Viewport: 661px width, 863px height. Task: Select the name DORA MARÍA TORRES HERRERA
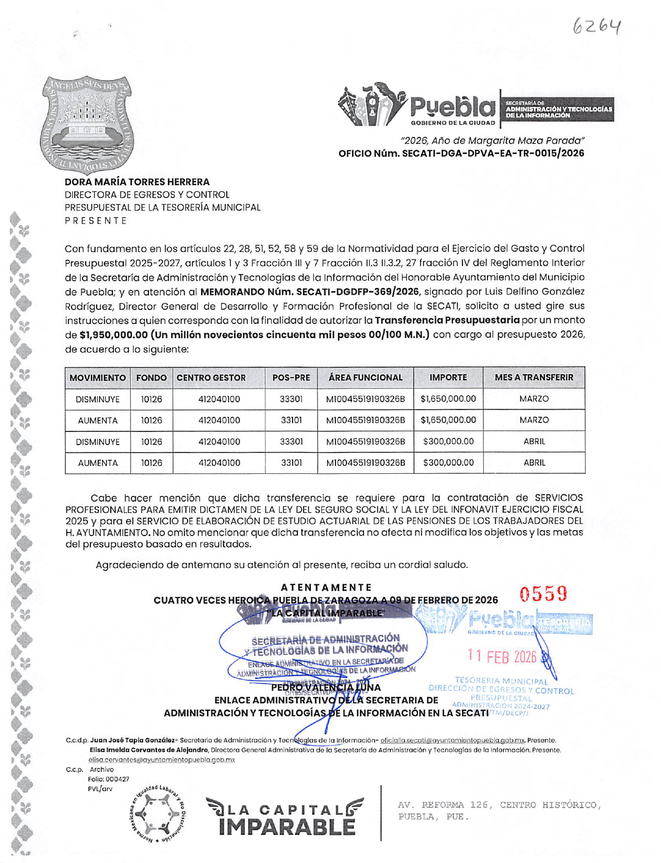coord(137,182)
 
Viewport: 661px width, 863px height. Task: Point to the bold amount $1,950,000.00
coord(111,335)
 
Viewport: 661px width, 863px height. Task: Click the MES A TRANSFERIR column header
coord(534,378)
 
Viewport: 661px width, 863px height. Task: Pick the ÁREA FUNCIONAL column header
coord(365,378)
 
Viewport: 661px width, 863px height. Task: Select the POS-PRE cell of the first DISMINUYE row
coord(291,399)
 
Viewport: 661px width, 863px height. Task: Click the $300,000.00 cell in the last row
coord(448,463)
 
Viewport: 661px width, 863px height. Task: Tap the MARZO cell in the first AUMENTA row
coord(534,420)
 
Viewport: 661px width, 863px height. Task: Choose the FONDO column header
coord(151,378)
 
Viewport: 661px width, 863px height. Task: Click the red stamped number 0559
coord(543,594)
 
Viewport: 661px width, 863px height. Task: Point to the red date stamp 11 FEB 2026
coord(502,657)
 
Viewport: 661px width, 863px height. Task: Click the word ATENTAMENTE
coord(326,587)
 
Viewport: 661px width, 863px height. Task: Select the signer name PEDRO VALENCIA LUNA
coord(326,687)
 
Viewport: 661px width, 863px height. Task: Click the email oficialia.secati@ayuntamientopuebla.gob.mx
coord(453,740)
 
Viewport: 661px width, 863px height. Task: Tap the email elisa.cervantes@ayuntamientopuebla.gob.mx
coord(161,759)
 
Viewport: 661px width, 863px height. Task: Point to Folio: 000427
coord(109,779)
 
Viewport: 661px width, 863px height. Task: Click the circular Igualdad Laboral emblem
coord(158,814)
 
